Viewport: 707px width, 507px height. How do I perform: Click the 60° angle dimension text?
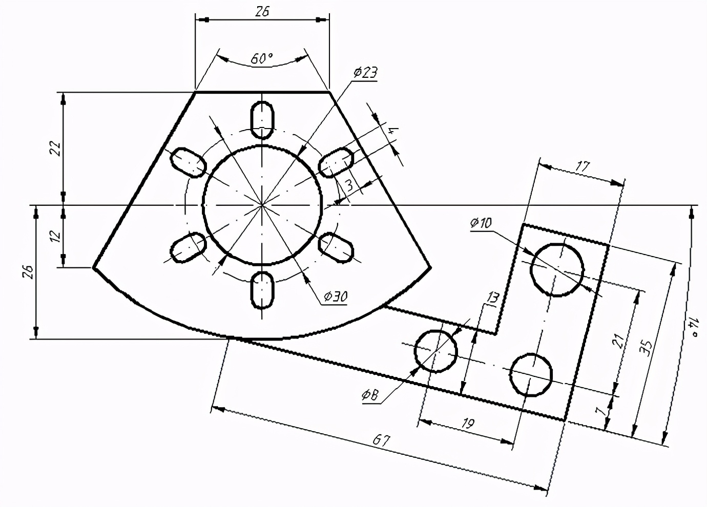click(x=261, y=59)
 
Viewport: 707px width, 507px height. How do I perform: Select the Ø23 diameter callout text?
click(x=365, y=73)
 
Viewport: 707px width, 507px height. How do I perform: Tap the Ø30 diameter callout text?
click(x=336, y=296)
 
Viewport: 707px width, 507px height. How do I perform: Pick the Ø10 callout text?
click(x=480, y=223)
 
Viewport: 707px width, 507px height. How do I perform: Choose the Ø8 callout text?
click(x=370, y=394)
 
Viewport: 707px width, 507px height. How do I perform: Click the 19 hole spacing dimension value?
click(x=467, y=423)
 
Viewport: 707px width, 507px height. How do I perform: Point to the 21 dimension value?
click(x=619, y=340)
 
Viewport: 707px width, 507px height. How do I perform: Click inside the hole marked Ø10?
click(x=557, y=269)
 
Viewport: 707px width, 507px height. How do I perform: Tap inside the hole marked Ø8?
click(x=435, y=351)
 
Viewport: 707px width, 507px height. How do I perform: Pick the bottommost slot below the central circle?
click(x=262, y=290)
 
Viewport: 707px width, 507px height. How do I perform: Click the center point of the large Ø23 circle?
click(x=262, y=205)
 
